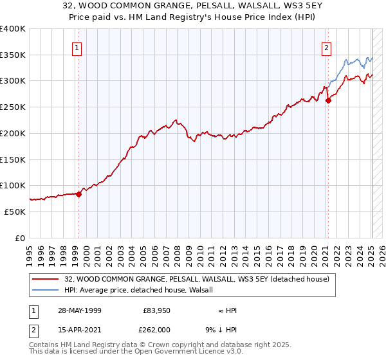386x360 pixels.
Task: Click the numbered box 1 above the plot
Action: pos(77,47)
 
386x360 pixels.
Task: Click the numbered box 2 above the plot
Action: pos(326,47)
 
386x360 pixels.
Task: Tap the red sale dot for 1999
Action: pos(78,194)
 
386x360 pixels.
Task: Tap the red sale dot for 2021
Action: pos(328,100)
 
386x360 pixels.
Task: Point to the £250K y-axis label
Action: pos(13,107)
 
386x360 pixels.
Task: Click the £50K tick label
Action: pos(15,212)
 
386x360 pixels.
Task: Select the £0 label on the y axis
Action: pos(21,238)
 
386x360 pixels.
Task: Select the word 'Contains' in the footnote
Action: pos(44,345)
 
